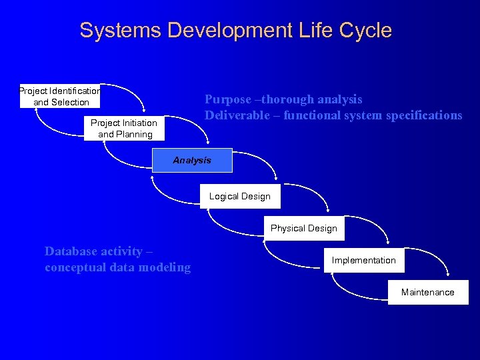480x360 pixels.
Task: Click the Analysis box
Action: [x=192, y=160]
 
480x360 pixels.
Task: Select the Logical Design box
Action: [x=239, y=196]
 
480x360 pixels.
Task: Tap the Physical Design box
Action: [x=304, y=228]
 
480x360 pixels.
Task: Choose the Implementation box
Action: [x=364, y=260]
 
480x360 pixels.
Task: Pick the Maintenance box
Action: [x=428, y=292]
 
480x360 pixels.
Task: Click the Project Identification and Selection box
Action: [x=60, y=96]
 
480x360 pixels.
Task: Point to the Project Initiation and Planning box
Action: [x=125, y=128]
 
